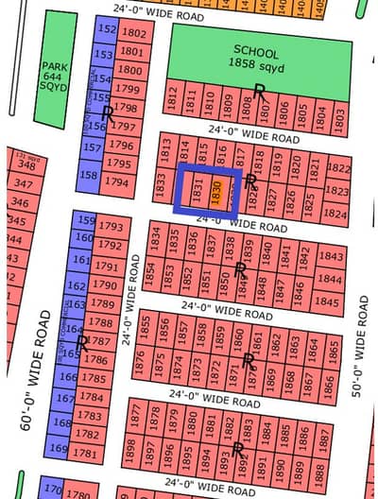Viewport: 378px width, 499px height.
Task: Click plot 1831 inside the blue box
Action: point(198,190)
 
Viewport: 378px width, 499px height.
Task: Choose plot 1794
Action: point(118,181)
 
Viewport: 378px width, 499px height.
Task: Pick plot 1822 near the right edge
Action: point(337,168)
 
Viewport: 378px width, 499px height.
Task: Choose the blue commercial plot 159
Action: point(87,222)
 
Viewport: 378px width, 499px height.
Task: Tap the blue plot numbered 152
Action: point(107,30)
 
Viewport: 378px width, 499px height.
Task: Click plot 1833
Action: point(162,187)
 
